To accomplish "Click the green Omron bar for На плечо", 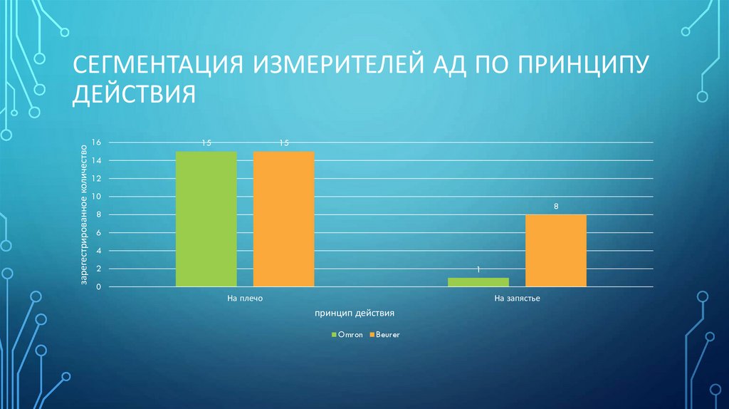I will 206,219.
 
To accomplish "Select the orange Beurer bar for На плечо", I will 283,219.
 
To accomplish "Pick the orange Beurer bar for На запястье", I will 556,250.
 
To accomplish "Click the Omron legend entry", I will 347,333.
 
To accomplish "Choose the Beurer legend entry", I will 384,333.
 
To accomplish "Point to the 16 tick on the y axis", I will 97,143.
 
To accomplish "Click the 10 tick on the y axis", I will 97,197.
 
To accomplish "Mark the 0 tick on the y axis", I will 99,287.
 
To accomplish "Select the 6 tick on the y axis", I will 99,233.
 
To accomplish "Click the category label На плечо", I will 245,299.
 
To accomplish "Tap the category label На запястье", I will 518,299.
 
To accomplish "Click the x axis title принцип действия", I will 353,313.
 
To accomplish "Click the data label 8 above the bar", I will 556,207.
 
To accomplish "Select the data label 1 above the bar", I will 478,269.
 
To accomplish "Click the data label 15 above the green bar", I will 206,143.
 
